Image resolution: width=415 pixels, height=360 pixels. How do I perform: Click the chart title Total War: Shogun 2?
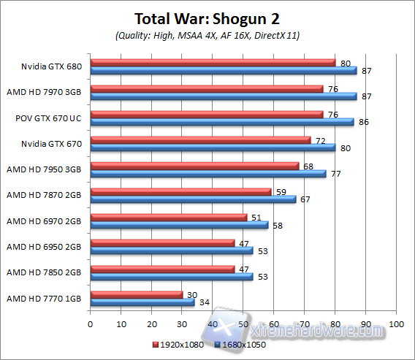[x=207, y=18]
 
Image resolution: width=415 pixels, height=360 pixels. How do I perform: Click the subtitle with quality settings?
[x=207, y=36]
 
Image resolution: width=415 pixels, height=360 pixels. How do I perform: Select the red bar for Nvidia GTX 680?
[x=213, y=63]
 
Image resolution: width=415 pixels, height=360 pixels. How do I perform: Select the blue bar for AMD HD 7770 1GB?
[x=142, y=302]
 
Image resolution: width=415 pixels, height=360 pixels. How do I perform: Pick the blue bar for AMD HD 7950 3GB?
[x=207, y=174]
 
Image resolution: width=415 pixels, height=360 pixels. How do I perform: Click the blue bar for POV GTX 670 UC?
[x=221, y=122]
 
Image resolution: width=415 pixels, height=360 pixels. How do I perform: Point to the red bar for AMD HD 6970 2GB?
[x=168, y=217]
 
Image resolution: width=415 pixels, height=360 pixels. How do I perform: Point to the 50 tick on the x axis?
[x=243, y=323]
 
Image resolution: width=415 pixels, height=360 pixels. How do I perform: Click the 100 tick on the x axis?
[x=396, y=323]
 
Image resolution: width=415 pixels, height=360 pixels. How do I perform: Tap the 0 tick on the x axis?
[x=90, y=323]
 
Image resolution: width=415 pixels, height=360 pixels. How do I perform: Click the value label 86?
[x=363, y=122]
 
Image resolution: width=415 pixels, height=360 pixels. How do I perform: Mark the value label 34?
[x=203, y=302]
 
